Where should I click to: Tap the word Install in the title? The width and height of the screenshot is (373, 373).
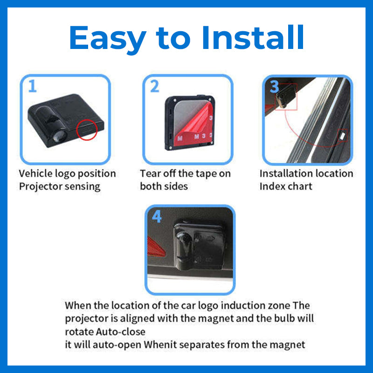[253, 37]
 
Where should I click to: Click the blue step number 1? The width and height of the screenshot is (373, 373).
[33, 86]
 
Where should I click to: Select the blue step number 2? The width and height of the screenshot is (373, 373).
[155, 86]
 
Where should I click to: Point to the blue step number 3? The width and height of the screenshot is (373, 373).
[274, 86]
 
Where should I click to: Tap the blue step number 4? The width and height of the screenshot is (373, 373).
[157, 216]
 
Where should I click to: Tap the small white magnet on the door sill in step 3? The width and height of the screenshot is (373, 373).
[343, 136]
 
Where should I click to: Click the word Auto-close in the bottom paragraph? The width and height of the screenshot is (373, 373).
[121, 332]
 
